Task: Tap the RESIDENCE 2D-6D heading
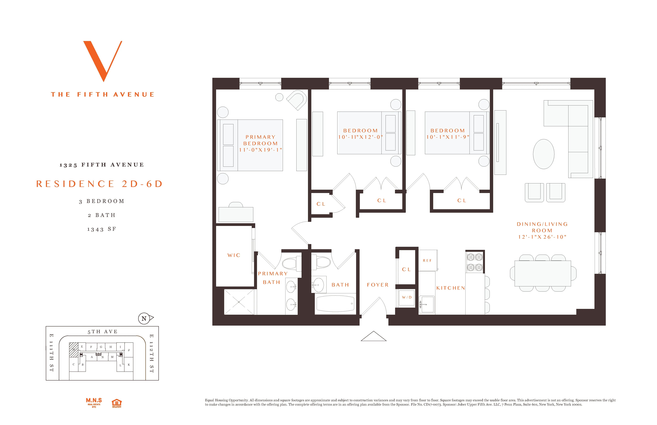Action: (99, 184)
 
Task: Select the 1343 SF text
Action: (102, 229)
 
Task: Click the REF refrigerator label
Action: (427, 260)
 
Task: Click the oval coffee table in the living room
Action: (543, 154)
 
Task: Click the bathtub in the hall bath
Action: (335, 304)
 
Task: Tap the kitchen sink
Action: (427, 305)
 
